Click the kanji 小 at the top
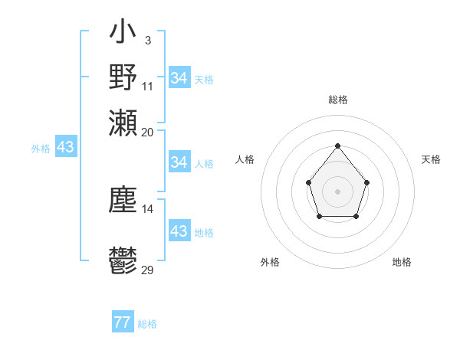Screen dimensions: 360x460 (x=123, y=34)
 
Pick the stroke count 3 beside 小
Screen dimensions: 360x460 (x=147, y=40)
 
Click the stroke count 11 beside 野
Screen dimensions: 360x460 (x=148, y=85)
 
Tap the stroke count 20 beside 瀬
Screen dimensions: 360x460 (x=148, y=131)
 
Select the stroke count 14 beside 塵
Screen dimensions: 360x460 (x=148, y=208)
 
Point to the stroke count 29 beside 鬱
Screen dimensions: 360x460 (x=148, y=270)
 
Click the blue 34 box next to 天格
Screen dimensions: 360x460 (x=179, y=78)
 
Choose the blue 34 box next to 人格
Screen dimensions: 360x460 (x=179, y=162)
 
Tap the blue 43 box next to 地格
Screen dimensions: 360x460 (x=179, y=231)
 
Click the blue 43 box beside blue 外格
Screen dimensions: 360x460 (x=65, y=147)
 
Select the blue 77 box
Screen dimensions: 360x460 (x=122, y=323)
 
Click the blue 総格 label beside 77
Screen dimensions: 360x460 (x=147, y=324)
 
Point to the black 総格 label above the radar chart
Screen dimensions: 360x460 (x=337, y=100)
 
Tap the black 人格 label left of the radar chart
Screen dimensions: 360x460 (x=245, y=159)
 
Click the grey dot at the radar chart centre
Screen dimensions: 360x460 (x=337, y=191)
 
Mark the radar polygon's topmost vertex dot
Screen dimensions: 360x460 (x=337, y=146)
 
